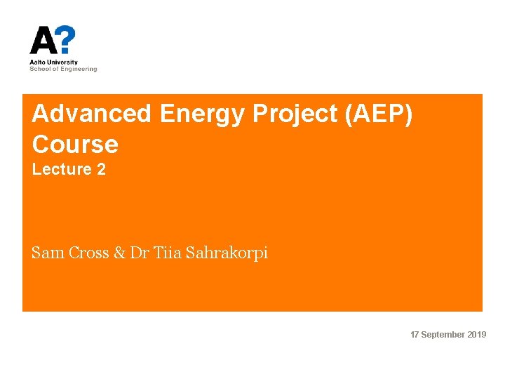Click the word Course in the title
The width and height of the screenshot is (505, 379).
[75, 145]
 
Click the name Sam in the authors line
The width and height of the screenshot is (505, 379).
[48, 253]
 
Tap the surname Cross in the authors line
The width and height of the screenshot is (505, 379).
[88, 253]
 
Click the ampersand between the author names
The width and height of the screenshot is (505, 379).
[120, 253]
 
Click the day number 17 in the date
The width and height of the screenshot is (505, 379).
[415, 335]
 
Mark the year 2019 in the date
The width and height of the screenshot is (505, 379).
[477, 335]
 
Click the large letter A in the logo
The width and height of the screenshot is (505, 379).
[43, 41]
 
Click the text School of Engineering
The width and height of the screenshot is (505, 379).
[63, 69]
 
